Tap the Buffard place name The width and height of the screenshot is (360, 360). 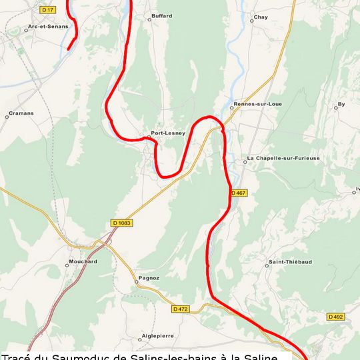coord(161,16)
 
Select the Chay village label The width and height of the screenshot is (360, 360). coord(261,17)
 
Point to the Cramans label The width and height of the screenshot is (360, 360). coord(21,113)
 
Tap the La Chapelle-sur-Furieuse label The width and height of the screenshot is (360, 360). coord(284,159)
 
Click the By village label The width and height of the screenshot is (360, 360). coord(341,105)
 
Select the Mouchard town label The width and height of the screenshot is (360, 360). coord(83,262)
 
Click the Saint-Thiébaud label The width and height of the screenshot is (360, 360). coord(290,262)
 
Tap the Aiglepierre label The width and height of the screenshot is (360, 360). coord(158,337)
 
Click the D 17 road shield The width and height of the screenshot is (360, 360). coord(48,10)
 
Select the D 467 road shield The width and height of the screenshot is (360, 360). coord(238,193)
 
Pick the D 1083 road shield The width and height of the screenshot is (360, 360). coord(121,223)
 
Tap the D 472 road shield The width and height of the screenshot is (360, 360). coord(180,309)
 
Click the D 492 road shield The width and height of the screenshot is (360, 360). coord(335,317)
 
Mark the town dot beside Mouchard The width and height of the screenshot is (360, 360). coord(67,265)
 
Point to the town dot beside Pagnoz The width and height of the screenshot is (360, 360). coord(136,281)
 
